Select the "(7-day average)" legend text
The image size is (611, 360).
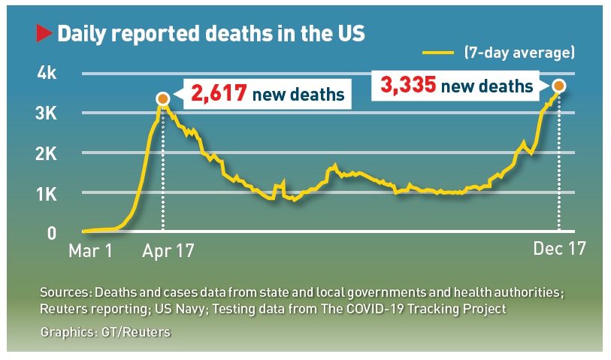[x=519, y=53]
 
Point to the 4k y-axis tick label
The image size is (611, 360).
[x=47, y=74]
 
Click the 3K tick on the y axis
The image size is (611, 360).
[x=47, y=113]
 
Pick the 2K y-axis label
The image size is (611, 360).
[x=47, y=153]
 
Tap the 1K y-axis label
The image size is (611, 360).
[x=47, y=193]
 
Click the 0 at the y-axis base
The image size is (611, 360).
[x=52, y=233]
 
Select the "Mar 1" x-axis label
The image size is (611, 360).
[x=90, y=251]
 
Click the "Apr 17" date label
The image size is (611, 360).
[x=168, y=251]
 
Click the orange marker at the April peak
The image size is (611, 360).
[x=162, y=98]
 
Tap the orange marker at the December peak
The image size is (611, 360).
[x=558, y=86]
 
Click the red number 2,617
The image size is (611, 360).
[x=219, y=94]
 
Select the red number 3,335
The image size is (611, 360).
[x=408, y=85]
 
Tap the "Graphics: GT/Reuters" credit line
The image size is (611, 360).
[x=105, y=331]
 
